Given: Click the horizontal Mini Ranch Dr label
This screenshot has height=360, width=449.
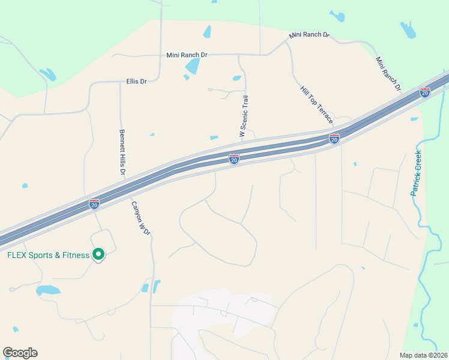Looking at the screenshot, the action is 187,55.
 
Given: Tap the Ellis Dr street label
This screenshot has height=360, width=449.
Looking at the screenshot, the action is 137,81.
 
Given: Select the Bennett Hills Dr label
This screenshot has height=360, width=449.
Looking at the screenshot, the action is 122,152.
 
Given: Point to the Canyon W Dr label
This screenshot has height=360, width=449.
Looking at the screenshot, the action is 140,218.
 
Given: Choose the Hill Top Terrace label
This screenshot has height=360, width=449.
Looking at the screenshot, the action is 316,104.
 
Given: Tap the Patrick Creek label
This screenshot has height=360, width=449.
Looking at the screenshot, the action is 416,173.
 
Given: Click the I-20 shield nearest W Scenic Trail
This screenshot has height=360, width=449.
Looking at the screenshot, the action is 234,159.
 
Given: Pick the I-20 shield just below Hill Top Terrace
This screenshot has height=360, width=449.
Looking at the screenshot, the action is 334,139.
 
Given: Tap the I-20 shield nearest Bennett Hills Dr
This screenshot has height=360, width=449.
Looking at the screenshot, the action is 94,204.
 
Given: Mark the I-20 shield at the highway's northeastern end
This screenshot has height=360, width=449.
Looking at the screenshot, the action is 425,92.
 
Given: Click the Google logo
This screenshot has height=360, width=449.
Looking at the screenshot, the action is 20,353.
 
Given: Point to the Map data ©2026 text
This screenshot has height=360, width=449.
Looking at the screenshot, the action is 423,355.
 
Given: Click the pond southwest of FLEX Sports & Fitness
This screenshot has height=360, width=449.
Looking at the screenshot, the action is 48,290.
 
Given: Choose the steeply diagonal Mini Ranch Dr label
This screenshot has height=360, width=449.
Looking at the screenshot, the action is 388,74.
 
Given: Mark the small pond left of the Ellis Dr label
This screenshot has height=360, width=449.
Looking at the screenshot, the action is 47,74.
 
